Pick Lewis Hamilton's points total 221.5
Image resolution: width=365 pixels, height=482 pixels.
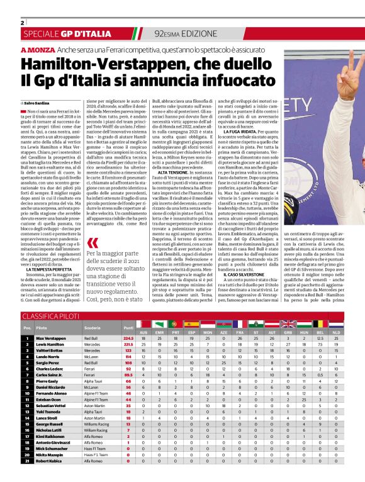[128, 345]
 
